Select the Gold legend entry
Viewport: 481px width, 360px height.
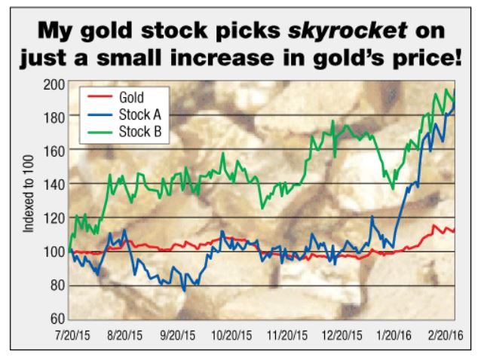[133, 98]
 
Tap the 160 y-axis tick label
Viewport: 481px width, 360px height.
[55, 149]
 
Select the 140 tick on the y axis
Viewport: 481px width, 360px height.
[55, 183]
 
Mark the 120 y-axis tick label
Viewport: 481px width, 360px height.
[55, 218]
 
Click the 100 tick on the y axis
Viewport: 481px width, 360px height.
[55, 252]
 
